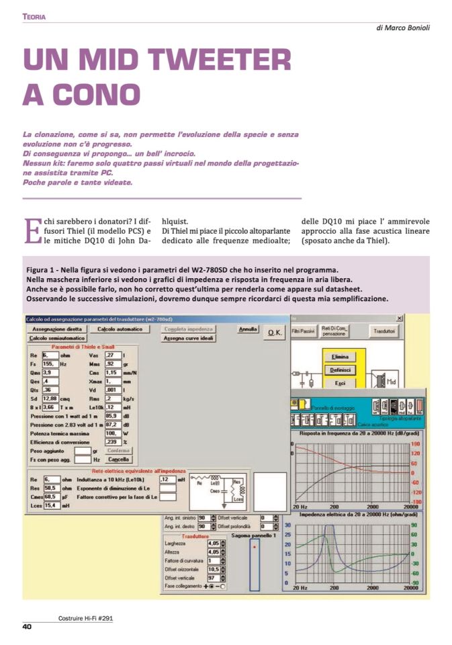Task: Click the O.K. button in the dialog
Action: pos(275,333)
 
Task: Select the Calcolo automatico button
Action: pos(120,329)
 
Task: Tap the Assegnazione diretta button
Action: pos(56,329)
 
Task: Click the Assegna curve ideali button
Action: pos(188,339)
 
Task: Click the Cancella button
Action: pos(119,459)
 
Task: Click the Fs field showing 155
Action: pos(51,363)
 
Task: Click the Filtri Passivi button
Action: pos(303,331)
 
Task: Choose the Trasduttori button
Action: pos(386,331)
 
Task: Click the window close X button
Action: pos(400,317)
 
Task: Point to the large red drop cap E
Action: pos(32,230)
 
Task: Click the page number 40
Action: pos(28,627)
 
